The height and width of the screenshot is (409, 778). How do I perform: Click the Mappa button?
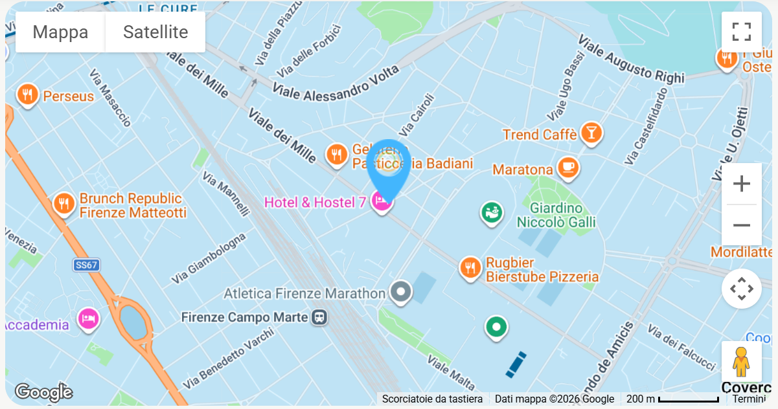point(60,32)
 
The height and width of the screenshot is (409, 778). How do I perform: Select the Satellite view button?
point(155,32)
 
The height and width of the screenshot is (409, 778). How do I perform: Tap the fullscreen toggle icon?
point(741,32)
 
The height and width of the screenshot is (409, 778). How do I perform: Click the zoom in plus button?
point(741,184)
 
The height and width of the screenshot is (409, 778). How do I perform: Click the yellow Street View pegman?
point(741,362)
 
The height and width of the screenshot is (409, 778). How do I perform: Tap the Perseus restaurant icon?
point(27,95)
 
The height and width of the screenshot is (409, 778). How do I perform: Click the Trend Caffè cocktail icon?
point(591,133)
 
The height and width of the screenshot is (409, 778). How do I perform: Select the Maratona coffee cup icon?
point(568,168)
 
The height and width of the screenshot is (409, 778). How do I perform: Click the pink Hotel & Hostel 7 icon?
point(381,203)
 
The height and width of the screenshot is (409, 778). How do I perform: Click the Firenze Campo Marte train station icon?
point(319,317)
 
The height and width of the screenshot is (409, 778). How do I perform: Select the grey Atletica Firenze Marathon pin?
point(401,292)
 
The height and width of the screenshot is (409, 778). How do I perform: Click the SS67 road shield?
point(86,265)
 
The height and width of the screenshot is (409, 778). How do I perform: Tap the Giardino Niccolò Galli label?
point(556,216)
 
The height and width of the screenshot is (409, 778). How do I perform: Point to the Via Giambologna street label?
point(209,258)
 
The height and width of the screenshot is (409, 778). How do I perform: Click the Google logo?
point(43,392)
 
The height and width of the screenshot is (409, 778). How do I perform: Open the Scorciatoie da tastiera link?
point(432,399)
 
